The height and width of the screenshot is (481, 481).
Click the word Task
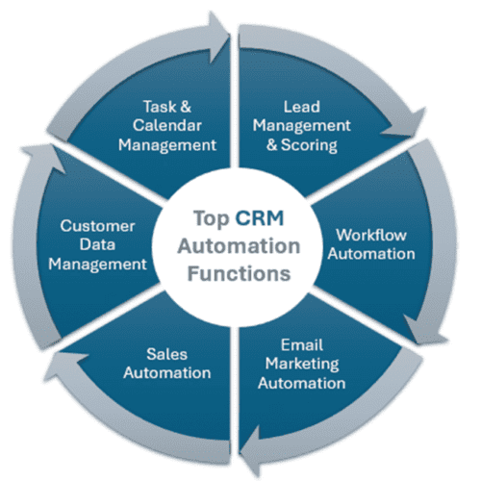160,107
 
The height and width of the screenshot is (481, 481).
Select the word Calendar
167,126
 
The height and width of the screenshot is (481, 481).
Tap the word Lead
302,107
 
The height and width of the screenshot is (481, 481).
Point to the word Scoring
309,145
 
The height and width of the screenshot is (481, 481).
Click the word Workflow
371,235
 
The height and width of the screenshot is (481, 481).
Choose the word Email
302,345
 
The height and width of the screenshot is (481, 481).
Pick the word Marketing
302,365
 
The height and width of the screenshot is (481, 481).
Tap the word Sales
166,354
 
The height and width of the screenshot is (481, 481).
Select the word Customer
97,226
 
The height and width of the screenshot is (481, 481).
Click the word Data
97,245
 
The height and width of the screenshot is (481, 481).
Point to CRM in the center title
260,218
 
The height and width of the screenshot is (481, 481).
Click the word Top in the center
212,219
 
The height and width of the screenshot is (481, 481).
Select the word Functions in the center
239,274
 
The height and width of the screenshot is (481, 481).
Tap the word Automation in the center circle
239,246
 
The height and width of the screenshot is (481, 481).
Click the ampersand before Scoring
272,145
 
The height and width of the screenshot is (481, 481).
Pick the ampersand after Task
186,107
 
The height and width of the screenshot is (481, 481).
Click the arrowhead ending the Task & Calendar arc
218,37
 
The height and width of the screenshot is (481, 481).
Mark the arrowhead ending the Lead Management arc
406,124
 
